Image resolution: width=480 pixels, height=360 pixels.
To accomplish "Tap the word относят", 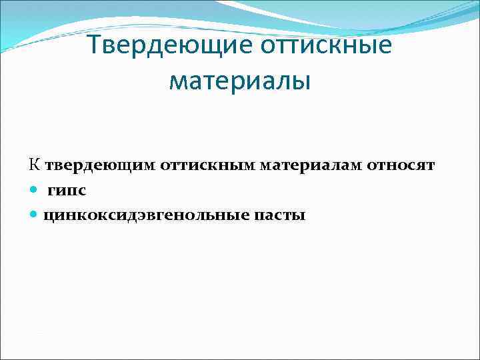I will (x=401, y=165).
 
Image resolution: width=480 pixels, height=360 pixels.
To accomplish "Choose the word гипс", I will (x=67, y=191).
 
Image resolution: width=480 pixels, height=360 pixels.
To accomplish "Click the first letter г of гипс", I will (x=51, y=191).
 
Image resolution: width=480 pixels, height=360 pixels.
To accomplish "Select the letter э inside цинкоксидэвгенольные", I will (x=147, y=215).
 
